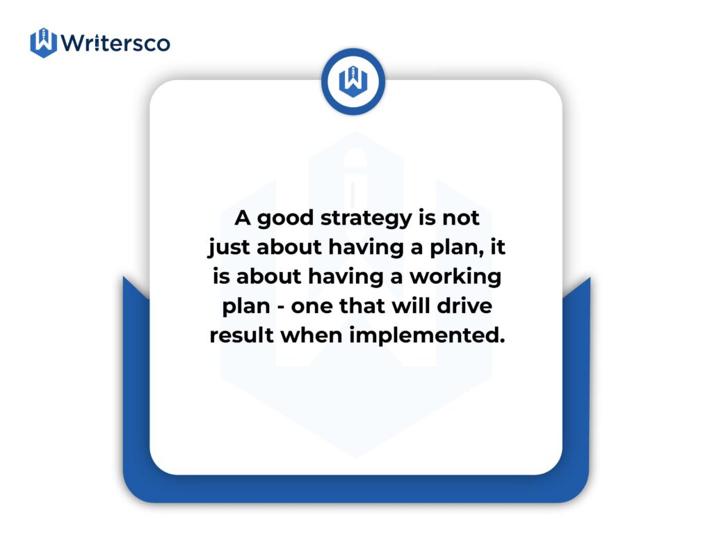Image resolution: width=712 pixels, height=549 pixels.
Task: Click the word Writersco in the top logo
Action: pyautogui.click(x=116, y=43)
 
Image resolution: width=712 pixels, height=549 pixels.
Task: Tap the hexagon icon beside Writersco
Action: pyautogui.click(x=44, y=42)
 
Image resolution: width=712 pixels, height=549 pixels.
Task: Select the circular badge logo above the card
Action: pyautogui.click(x=353, y=82)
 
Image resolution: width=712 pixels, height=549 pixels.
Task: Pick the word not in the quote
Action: pyautogui.click(x=461, y=218)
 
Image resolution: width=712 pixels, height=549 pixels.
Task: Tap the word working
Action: pyautogui.click(x=455, y=278)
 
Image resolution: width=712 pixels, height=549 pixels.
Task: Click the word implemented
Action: pyautogui.click(x=427, y=336)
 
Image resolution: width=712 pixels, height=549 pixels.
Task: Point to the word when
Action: pyautogui.click(x=311, y=335)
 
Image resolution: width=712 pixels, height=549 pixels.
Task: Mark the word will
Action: pyautogui.click(x=410, y=305)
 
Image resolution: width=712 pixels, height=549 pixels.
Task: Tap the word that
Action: pyautogui.click(x=362, y=305)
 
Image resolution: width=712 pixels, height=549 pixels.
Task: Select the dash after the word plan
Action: pyautogui.click(x=281, y=308)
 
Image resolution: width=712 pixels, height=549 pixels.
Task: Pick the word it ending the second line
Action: pyautogui.click(x=498, y=247)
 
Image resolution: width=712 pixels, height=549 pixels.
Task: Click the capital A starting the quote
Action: pyautogui.click(x=243, y=218)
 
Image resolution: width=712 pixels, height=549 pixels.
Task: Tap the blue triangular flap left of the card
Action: pyautogui.click(x=136, y=287)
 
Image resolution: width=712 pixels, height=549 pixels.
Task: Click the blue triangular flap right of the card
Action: pyautogui.click(x=576, y=288)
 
